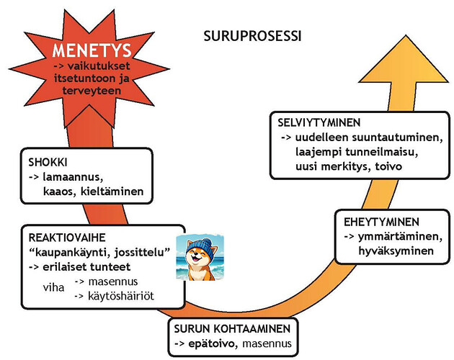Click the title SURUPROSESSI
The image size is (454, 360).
[252, 36]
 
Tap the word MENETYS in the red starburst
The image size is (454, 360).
[92, 50]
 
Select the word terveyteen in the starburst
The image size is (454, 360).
[92, 91]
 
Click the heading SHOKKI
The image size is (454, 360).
[48, 162]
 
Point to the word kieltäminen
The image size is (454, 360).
[112, 192]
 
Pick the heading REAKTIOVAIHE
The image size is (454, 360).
[67, 238]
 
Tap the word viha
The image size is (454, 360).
[53, 288]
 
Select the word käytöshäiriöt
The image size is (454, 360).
[121, 296]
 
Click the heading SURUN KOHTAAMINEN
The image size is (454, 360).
[232, 329]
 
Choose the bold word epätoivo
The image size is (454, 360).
[211, 343]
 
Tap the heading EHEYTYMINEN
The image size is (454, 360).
[381, 222]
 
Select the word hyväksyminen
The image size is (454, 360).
[396, 251]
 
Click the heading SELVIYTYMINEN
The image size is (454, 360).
[319, 122]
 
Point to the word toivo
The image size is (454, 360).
[388, 166]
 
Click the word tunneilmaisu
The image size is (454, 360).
[382, 152]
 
